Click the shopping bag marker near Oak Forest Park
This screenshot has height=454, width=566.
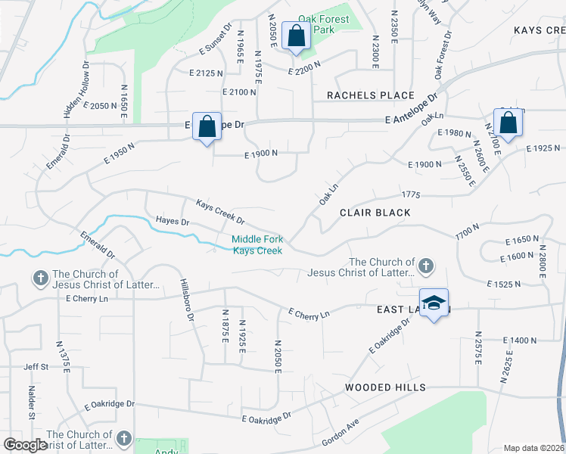pos(294,36)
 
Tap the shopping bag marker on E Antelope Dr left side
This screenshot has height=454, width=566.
pos(206,126)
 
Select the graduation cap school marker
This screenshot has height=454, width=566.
pos(434,303)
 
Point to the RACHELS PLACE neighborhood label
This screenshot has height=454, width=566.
pos(371,95)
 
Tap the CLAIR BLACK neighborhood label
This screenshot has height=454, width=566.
pos(375,213)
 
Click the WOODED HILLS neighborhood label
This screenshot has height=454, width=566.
pos(385,387)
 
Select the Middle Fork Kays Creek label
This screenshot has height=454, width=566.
pos(257,245)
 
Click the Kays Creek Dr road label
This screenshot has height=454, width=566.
pos(220,213)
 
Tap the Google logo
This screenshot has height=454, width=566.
pos(26,445)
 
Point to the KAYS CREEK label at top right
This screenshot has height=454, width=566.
pos(539,30)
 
